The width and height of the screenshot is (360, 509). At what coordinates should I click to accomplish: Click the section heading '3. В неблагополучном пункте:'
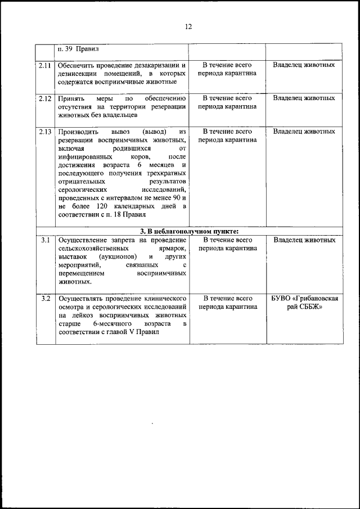190,231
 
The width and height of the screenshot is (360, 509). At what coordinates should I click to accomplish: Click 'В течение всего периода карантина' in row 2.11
227,69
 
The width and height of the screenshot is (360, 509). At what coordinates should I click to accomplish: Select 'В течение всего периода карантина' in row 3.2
227,303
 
